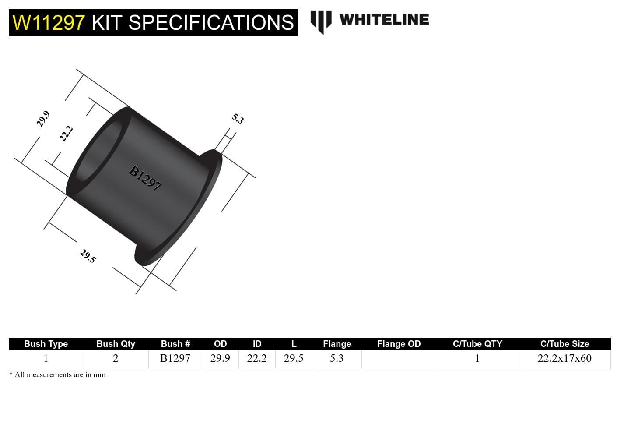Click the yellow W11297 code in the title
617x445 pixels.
click(x=49, y=23)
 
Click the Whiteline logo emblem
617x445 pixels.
click(x=321, y=21)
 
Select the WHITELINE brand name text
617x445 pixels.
click(x=384, y=20)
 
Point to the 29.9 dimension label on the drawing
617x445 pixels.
click(x=43, y=119)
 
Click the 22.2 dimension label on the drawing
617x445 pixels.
click(x=66, y=134)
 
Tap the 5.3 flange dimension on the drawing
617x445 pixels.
click(x=238, y=118)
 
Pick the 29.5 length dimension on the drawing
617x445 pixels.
click(x=88, y=256)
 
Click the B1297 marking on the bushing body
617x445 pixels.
click(x=145, y=177)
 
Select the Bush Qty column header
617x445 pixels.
click(x=116, y=344)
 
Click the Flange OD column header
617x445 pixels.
click(x=399, y=344)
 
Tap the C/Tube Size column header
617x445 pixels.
click(x=564, y=344)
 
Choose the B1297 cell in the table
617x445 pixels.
click(x=175, y=358)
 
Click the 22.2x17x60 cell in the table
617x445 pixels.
click(x=564, y=358)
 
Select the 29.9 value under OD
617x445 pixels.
click(x=220, y=358)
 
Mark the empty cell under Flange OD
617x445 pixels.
click(x=399, y=359)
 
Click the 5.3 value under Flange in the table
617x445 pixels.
click(x=337, y=358)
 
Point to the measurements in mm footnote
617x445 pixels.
click(x=57, y=375)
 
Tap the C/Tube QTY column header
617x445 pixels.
click(x=477, y=344)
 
